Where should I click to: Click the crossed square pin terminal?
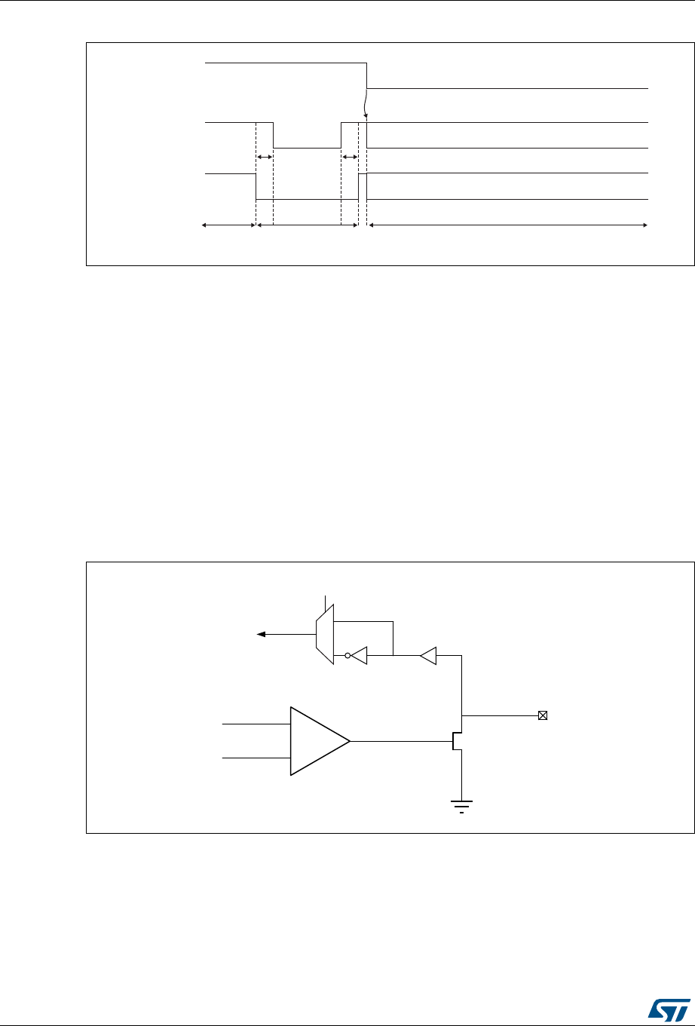coord(542,715)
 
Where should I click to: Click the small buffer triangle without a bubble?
coord(428,656)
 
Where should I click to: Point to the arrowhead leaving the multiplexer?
coord(262,635)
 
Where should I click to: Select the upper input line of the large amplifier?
coord(256,724)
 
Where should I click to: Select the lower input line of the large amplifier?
coord(256,758)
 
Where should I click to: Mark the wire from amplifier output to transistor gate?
coord(400,741)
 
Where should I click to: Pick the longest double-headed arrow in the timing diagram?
coord(508,225)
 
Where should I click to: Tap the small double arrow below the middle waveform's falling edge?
coord(265,157)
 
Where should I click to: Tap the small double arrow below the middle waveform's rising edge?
coord(350,157)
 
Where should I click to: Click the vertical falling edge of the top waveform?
coord(367,75)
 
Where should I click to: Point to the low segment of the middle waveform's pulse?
coord(307,149)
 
